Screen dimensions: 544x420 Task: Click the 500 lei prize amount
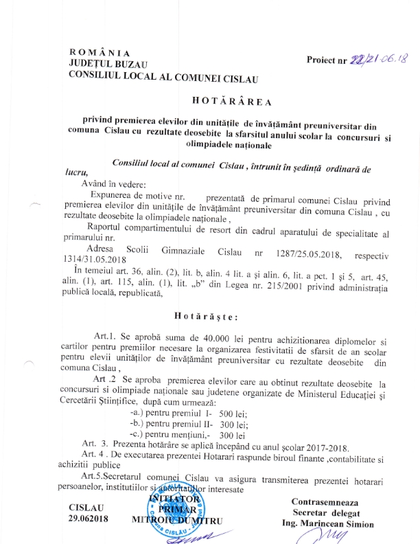(233, 414)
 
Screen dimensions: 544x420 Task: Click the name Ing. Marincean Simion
(328, 524)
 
